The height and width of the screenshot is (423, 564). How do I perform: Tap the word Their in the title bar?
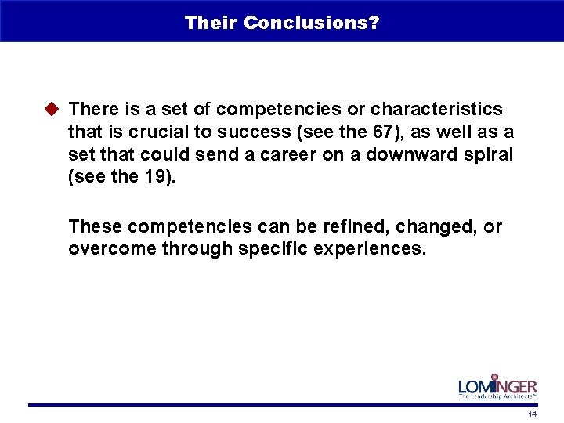click(211, 23)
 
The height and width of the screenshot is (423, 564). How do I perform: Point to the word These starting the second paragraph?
click(95, 226)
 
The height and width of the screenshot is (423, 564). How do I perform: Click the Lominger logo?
click(497, 387)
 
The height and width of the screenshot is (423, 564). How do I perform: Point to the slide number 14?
click(532, 414)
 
